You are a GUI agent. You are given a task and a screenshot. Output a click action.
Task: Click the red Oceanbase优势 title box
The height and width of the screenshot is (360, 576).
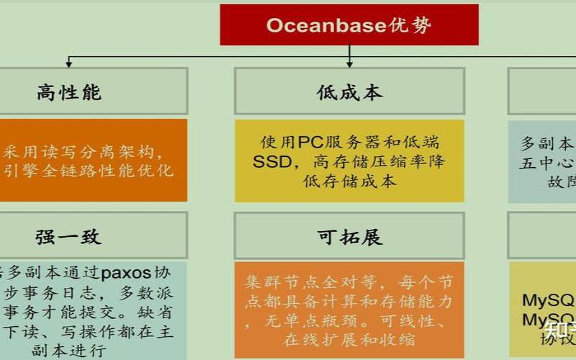click(x=349, y=24)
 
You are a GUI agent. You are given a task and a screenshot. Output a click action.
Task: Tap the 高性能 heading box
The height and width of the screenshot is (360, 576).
click(x=69, y=91)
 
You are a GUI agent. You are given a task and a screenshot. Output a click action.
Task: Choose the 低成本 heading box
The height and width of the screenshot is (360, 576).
click(x=350, y=91)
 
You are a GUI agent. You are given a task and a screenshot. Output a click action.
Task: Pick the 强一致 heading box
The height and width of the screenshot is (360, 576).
click(x=69, y=236)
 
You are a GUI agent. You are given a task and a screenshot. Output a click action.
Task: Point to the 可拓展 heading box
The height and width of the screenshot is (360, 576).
click(x=350, y=236)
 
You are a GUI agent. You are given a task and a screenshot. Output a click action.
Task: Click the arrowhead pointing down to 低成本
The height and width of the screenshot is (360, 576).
click(x=350, y=63)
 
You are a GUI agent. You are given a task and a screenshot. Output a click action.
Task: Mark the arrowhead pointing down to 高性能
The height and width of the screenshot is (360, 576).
click(x=69, y=63)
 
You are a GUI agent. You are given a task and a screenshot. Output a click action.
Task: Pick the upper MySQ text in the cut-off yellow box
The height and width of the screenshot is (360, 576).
click(x=548, y=300)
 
